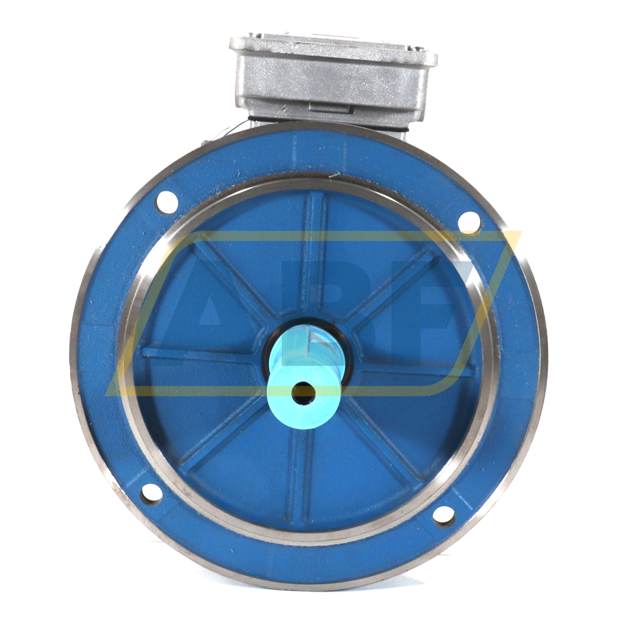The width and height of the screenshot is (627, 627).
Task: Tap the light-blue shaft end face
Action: pos(302,394)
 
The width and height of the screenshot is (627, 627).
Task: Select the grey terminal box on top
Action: pos(334,81)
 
